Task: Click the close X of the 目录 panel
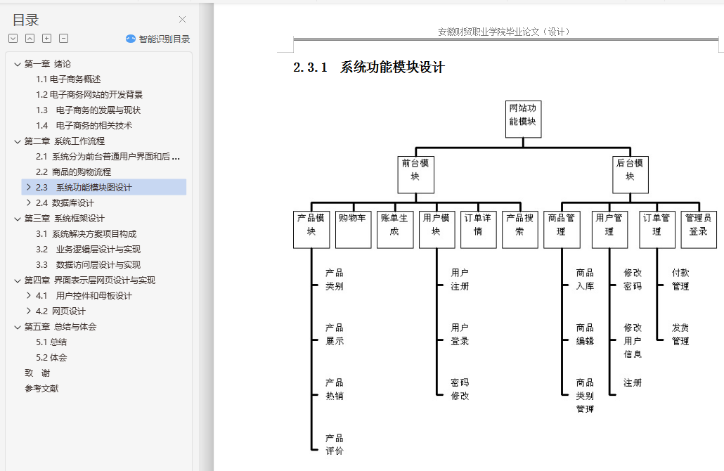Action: tap(182, 20)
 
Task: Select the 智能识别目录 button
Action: tap(158, 39)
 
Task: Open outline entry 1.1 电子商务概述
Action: tap(68, 79)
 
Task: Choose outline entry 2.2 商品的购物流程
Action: tap(73, 172)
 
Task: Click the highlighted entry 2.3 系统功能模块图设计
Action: tap(84, 187)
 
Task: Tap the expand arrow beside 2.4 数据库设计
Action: tap(29, 202)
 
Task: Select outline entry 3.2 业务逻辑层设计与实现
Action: tap(88, 250)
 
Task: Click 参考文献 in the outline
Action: tap(41, 388)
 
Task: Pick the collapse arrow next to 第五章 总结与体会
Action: tap(18, 327)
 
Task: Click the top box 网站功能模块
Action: tap(523, 119)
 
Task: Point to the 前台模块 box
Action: tap(415, 174)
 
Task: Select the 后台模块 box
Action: tap(631, 174)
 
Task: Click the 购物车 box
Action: tap(354, 230)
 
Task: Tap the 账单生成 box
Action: tap(395, 230)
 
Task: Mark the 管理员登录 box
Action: tap(699, 230)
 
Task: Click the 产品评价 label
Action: tap(335, 444)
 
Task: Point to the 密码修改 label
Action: tap(460, 389)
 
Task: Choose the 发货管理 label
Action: tap(680, 335)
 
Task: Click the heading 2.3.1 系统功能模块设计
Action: tap(369, 67)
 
